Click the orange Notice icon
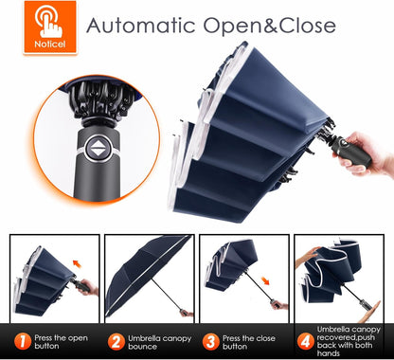[50, 27]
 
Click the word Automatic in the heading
[141, 26]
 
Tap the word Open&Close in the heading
[269, 26]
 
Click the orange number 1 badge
[23, 342]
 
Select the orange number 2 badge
[116, 342]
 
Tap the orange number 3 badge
[210, 342]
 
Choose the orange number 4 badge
[305, 342]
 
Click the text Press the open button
[61, 342]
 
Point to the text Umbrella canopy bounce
[159, 342]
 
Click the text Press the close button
[249, 342]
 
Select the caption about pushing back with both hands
[349, 341]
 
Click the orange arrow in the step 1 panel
[77, 263]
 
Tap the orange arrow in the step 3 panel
[265, 280]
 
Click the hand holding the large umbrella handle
[367, 153]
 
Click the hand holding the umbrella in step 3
[279, 305]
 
